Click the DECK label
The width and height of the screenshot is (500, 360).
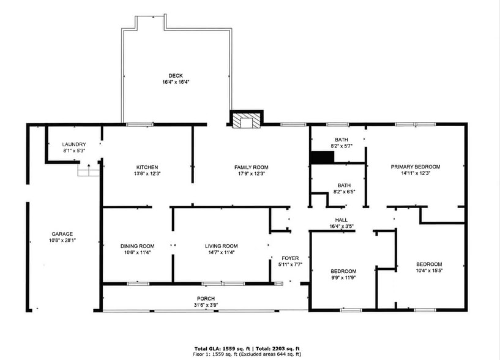(x=176, y=76)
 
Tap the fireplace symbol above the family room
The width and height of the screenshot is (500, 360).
(x=246, y=121)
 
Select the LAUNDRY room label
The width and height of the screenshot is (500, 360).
(x=74, y=144)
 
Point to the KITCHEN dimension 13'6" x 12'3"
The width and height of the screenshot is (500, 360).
(x=147, y=174)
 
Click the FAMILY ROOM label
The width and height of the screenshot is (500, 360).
(x=251, y=167)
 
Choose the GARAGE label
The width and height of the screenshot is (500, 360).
(x=62, y=234)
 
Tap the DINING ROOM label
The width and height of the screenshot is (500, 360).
(x=137, y=246)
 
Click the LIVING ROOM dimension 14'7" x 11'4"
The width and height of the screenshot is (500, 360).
(x=221, y=252)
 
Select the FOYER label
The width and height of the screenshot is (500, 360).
(x=290, y=258)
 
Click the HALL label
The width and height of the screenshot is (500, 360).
(x=341, y=220)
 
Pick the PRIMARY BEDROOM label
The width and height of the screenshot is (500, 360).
(x=416, y=167)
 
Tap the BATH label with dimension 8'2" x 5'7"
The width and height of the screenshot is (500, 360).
(x=341, y=140)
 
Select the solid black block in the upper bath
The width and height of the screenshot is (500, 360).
(x=322, y=157)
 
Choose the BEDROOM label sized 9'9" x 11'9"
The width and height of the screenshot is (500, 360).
(x=343, y=271)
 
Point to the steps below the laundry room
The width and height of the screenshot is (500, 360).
(x=88, y=171)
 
